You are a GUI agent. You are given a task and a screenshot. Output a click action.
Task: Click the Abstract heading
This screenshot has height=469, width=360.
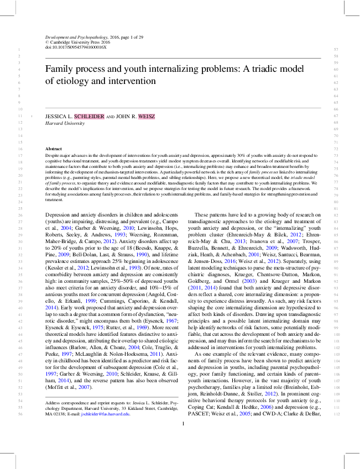pos(54,149)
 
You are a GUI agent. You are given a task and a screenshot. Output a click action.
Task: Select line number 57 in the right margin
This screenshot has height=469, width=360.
pos(336,50)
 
